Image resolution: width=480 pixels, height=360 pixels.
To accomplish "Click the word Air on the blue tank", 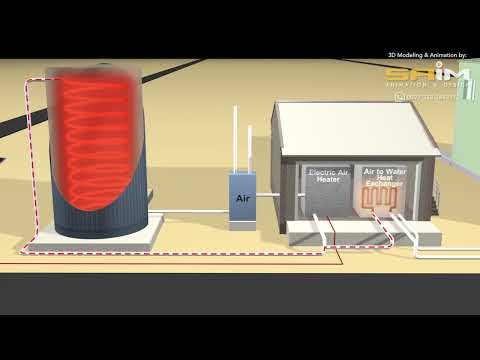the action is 242,199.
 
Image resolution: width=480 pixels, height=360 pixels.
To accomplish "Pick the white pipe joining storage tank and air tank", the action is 190,211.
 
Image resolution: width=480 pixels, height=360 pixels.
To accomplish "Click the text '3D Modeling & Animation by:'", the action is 433,55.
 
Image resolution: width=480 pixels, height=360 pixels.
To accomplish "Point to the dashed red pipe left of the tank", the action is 29,160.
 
